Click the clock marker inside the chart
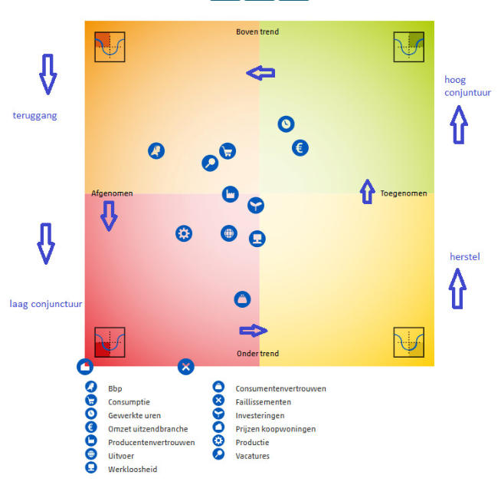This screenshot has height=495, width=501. pyautogui.click(x=286, y=124)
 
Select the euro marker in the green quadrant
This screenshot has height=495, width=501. pyautogui.click(x=300, y=147)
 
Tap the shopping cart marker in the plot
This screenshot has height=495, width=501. pyautogui.click(x=227, y=150)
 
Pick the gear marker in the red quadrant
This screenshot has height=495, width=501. pyautogui.click(x=184, y=233)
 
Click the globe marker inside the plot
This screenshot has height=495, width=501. pyautogui.click(x=229, y=233)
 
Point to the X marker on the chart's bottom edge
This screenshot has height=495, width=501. pyautogui.click(x=185, y=366)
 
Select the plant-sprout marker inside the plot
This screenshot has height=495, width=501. pyautogui.click(x=256, y=205)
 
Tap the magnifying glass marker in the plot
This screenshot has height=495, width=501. pyautogui.click(x=209, y=163)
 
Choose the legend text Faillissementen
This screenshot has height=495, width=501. pyautogui.click(x=263, y=401)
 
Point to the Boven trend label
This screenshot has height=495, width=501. pyautogui.click(x=257, y=32)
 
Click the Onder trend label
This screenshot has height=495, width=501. pyautogui.click(x=257, y=354)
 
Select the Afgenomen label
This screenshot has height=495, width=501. pyautogui.click(x=112, y=193)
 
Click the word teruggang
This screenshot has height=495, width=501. pyautogui.click(x=35, y=116)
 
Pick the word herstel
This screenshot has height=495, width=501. pyautogui.click(x=464, y=256)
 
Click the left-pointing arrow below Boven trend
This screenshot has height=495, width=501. pyautogui.click(x=260, y=73)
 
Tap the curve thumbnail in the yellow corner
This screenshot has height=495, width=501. pyautogui.click(x=408, y=342)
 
